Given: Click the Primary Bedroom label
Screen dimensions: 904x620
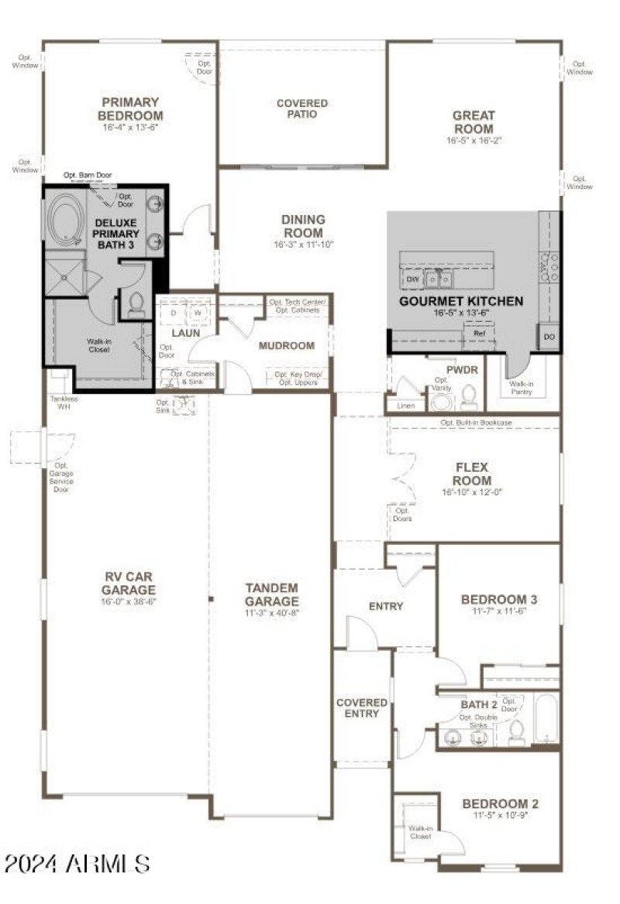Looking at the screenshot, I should (x=130, y=109).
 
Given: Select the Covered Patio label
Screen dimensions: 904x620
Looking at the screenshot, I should (x=302, y=108).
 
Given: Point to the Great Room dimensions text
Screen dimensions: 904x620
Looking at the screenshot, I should (x=474, y=141).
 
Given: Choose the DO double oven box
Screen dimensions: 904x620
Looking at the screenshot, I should (x=549, y=337).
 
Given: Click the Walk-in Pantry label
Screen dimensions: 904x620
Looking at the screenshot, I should (x=521, y=388).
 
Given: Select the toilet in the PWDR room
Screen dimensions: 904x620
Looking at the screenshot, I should (x=468, y=396).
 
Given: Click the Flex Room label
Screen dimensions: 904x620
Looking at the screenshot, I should (x=473, y=474).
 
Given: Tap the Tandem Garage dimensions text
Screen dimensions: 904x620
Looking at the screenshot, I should (x=271, y=611).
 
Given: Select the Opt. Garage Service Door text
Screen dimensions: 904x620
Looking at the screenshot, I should (x=61, y=478).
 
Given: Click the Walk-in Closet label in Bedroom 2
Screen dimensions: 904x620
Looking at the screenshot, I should (x=420, y=832).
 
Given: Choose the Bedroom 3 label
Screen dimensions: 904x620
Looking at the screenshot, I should (x=499, y=599).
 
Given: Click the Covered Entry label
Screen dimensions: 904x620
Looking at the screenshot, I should (x=362, y=707).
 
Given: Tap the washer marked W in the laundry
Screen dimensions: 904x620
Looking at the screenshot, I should (x=198, y=313).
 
